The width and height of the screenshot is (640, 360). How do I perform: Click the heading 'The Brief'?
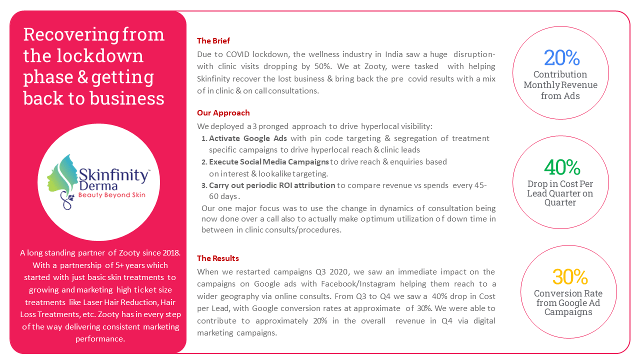213,41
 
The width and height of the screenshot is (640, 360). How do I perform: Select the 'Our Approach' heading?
223,113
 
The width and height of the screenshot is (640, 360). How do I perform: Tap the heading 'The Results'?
218,258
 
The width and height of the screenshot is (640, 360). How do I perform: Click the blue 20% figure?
561,58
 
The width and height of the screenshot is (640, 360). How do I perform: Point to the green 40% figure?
562,167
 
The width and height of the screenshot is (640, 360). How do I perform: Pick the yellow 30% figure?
569,276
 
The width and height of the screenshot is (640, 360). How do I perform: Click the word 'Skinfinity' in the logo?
113,175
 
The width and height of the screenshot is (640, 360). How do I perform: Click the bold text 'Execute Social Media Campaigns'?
269,162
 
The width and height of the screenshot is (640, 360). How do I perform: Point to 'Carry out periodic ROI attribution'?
272,185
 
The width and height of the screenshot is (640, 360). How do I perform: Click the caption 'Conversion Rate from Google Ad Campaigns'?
568,302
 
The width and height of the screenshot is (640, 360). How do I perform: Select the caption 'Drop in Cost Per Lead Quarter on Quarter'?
560,193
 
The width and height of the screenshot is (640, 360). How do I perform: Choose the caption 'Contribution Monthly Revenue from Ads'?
560,85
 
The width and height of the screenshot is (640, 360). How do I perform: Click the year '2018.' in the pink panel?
169,253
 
